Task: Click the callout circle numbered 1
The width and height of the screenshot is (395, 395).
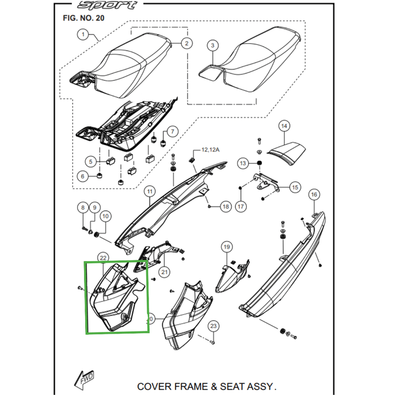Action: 83,35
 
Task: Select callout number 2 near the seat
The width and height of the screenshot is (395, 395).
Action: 186,43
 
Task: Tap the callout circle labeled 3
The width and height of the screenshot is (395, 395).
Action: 212,46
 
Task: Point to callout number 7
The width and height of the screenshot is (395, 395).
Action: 172,131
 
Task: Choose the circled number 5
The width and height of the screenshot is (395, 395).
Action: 90,161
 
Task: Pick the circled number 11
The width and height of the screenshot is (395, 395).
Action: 149,191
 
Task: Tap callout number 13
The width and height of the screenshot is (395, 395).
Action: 242,163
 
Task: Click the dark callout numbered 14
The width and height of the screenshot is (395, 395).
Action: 283,126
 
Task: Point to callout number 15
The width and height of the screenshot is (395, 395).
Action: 294,188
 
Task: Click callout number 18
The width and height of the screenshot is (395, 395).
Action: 226,206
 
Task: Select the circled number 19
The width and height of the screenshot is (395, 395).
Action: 226,246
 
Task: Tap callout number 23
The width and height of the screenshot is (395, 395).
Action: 213,326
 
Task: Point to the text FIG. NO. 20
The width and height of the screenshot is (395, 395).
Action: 83,18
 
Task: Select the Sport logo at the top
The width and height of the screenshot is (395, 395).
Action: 108,5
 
